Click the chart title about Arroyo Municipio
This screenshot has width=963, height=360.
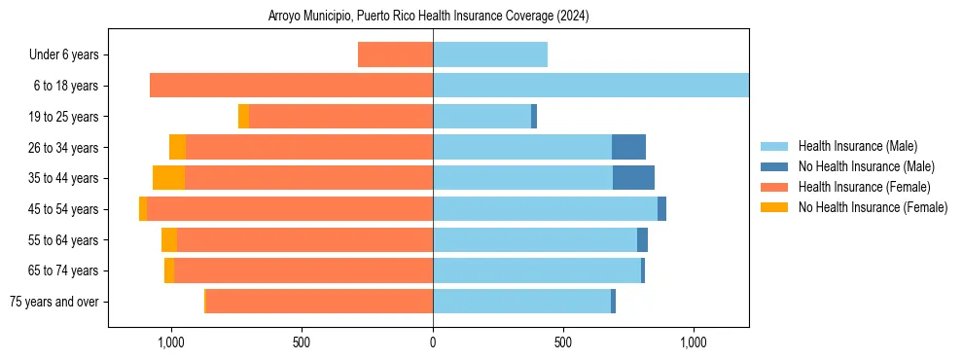[428, 17]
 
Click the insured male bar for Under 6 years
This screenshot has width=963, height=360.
[490, 55]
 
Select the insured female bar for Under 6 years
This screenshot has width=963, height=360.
[395, 55]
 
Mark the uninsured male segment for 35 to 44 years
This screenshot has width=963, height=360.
[633, 178]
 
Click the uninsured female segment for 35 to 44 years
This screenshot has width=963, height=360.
[168, 178]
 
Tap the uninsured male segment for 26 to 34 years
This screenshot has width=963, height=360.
[628, 147]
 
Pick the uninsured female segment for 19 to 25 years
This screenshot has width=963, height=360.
[243, 117]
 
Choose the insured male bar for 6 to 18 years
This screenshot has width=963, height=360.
[590, 86]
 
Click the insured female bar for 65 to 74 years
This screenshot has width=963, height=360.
[303, 270]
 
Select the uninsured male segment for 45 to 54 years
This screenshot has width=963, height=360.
[661, 209]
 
